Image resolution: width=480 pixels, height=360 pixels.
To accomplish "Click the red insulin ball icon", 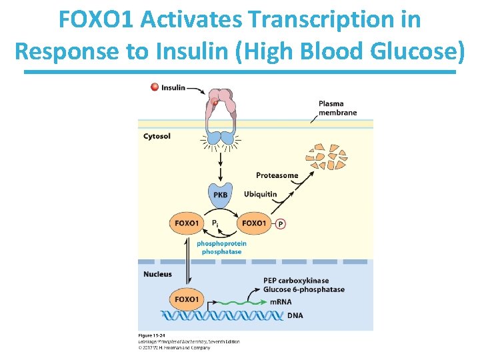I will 155,87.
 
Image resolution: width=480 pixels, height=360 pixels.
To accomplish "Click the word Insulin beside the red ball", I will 173,87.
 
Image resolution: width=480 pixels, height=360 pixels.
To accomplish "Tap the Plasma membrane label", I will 337,108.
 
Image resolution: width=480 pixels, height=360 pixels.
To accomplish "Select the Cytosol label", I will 157,136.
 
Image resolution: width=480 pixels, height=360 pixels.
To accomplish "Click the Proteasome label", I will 277,175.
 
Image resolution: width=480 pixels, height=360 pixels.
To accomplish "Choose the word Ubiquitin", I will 260,195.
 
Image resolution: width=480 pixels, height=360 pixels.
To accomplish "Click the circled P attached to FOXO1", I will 280,223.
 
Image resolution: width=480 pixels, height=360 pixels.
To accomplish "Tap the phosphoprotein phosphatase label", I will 221,247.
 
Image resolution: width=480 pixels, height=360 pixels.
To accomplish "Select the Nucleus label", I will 157,274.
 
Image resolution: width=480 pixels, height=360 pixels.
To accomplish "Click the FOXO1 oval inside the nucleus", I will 187,299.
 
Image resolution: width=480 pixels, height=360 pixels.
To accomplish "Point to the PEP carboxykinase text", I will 295,281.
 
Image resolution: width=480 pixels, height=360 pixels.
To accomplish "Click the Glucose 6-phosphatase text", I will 304,289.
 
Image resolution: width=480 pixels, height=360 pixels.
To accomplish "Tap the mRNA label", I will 280,302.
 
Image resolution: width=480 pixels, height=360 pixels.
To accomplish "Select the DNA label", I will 294,315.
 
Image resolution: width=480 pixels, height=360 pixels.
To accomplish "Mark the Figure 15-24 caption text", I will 153,335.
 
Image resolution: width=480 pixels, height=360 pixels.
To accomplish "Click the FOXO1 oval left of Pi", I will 187,223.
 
